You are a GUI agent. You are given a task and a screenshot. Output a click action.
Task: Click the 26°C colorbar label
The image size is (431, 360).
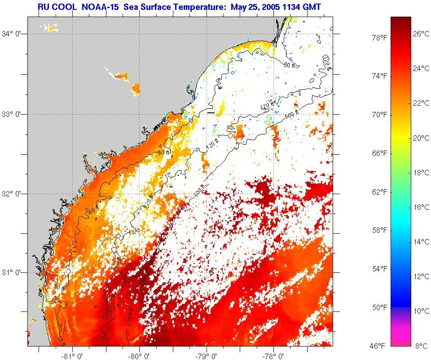coord(421,34)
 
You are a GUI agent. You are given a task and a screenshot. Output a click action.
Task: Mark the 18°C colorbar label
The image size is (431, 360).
coord(421,173)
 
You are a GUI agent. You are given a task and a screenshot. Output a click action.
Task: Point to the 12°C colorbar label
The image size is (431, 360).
coord(421,276)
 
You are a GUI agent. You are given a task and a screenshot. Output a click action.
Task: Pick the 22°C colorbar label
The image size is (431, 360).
coord(421,103)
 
